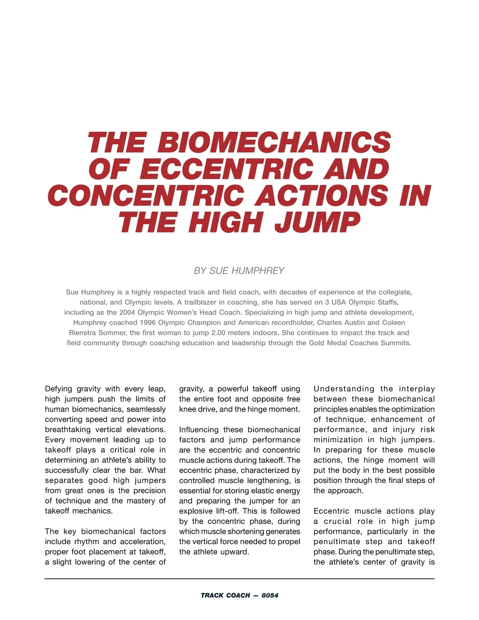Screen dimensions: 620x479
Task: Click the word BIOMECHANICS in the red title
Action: pyautogui.click(x=274, y=143)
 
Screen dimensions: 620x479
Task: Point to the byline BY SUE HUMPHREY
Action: pyautogui.click(x=239, y=271)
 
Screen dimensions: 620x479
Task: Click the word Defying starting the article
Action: pyautogui.click(x=59, y=389)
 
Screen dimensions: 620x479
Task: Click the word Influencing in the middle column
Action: pyautogui.click(x=199, y=430)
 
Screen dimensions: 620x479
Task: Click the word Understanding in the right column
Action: pyautogui.click(x=344, y=389)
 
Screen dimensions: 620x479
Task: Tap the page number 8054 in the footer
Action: pyautogui.click(x=270, y=595)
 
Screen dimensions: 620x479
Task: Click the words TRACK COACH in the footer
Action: pyautogui.click(x=225, y=595)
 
